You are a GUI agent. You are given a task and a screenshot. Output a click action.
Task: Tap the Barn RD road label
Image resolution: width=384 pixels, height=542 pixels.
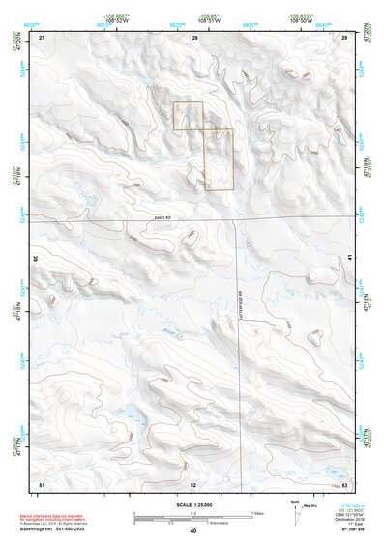click(x=162, y=218)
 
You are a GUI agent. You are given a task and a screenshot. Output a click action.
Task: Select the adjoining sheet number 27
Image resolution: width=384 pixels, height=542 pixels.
click(x=42, y=37)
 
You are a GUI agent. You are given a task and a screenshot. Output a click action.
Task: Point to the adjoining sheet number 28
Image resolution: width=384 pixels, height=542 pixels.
click(x=194, y=37)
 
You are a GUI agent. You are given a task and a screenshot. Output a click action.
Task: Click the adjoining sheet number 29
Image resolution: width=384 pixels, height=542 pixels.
click(x=344, y=37)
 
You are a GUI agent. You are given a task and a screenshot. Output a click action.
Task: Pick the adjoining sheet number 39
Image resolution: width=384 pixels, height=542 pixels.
click(x=36, y=259)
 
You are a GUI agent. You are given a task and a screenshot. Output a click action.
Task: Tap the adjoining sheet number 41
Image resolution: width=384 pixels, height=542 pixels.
click(x=349, y=259)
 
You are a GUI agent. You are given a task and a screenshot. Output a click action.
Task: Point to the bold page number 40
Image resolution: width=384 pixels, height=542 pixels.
click(x=193, y=530)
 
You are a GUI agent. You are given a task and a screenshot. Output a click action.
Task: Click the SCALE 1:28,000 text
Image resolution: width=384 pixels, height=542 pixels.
click(x=192, y=504)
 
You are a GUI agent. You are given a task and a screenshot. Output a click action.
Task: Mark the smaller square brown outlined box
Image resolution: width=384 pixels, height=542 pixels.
click(x=188, y=115)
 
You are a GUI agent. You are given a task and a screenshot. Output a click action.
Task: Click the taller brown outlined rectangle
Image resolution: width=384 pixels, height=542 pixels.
click(x=220, y=158)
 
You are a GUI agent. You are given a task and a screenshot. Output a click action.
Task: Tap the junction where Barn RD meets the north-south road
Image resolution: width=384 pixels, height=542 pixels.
click(x=237, y=221)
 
